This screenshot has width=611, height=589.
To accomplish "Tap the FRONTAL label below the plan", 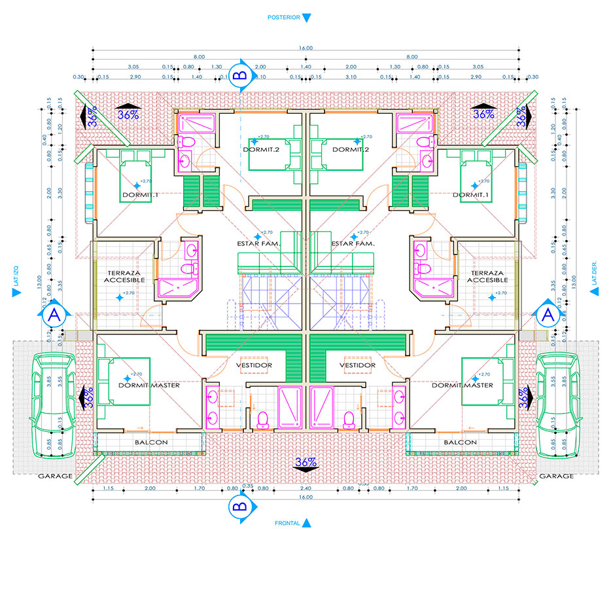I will click(287, 523).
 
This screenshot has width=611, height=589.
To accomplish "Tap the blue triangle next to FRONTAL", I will click(306, 523).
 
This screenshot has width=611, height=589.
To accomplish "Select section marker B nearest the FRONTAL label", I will click(239, 506).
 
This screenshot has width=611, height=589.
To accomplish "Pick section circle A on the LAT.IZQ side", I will click(54, 315).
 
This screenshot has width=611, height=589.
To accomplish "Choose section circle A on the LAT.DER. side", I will click(548, 315).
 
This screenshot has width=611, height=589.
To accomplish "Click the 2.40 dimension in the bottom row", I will click(305, 488).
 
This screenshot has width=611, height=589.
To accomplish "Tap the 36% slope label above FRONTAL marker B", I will click(305, 462).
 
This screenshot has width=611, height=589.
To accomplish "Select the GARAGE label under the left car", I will click(55, 476).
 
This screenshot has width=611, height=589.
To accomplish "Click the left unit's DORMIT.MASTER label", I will click(148, 385).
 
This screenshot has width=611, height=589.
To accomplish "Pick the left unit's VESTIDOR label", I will click(253, 365).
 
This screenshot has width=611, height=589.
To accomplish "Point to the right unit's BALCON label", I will click(460, 442).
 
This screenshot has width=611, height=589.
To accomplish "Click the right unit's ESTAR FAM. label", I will click(353, 243).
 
